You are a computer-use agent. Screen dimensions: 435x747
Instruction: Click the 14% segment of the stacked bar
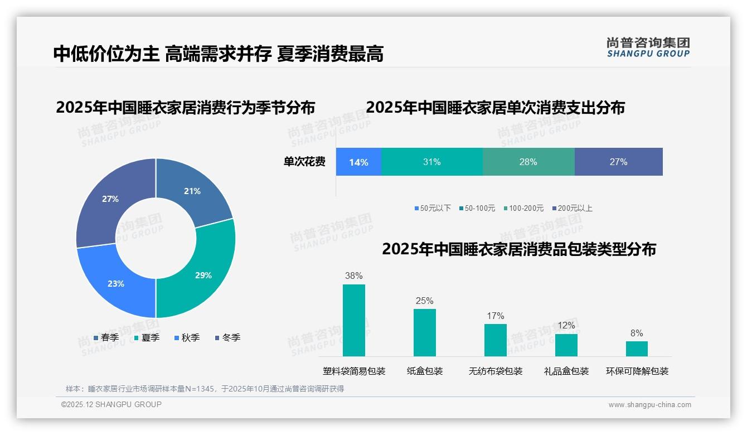[358, 162]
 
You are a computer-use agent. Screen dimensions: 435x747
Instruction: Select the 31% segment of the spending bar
[431, 162]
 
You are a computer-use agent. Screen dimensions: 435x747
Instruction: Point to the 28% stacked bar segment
[528, 162]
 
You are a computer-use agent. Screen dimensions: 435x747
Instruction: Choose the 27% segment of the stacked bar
[618, 162]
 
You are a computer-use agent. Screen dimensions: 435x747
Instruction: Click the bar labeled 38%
[353, 320]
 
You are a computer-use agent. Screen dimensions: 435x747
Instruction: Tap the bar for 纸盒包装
[424, 332]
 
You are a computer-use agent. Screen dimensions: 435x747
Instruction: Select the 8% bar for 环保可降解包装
[637, 349]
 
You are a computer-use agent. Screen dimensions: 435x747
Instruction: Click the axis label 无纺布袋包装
[496, 371]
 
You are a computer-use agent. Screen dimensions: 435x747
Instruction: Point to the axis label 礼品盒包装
[566, 371]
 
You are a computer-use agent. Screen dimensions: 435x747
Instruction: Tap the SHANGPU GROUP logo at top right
[648, 47]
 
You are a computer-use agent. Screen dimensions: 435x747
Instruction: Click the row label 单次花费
[304, 162]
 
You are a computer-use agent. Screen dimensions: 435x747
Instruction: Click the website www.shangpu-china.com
[649, 405]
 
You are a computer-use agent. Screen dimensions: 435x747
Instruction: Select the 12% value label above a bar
[566, 325]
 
